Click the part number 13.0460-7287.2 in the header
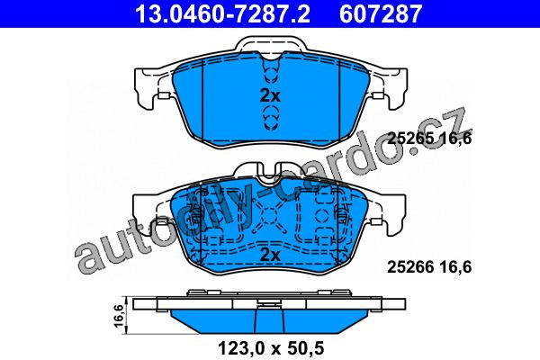pyautogui.click(x=222, y=13)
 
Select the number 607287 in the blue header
pyautogui.click(x=381, y=13)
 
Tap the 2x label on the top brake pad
pyautogui.click(x=270, y=96)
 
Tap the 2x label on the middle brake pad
pyautogui.click(x=270, y=256)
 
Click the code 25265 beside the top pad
pyautogui.click(x=410, y=139)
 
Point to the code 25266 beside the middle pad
pyautogui.click(x=410, y=267)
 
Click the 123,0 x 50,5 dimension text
pyautogui.click(x=271, y=348)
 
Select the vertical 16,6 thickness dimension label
pyautogui.click(x=118, y=316)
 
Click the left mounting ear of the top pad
pyautogui.click(x=147, y=88)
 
